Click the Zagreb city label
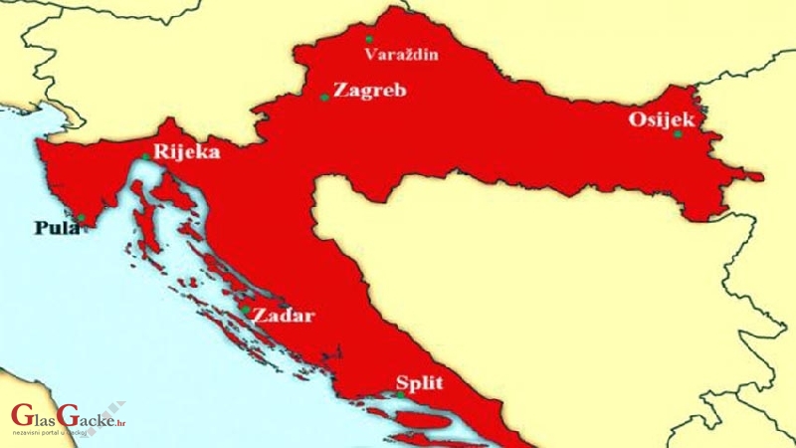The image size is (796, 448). tap(370, 91)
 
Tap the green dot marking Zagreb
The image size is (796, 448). tap(324, 98)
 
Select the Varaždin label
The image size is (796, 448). tap(401, 54)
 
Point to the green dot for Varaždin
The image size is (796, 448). tap(369, 39)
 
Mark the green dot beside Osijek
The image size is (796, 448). tap(678, 134)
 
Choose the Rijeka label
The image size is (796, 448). tap(186, 152)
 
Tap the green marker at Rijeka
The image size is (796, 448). tap(145, 156)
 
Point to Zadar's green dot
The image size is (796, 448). tap(245, 310)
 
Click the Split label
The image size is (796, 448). tap(418, 382)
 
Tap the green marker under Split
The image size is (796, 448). tap(401, 395)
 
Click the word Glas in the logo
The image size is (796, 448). tap(32, 417)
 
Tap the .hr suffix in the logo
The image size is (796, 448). tap(121, 421)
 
